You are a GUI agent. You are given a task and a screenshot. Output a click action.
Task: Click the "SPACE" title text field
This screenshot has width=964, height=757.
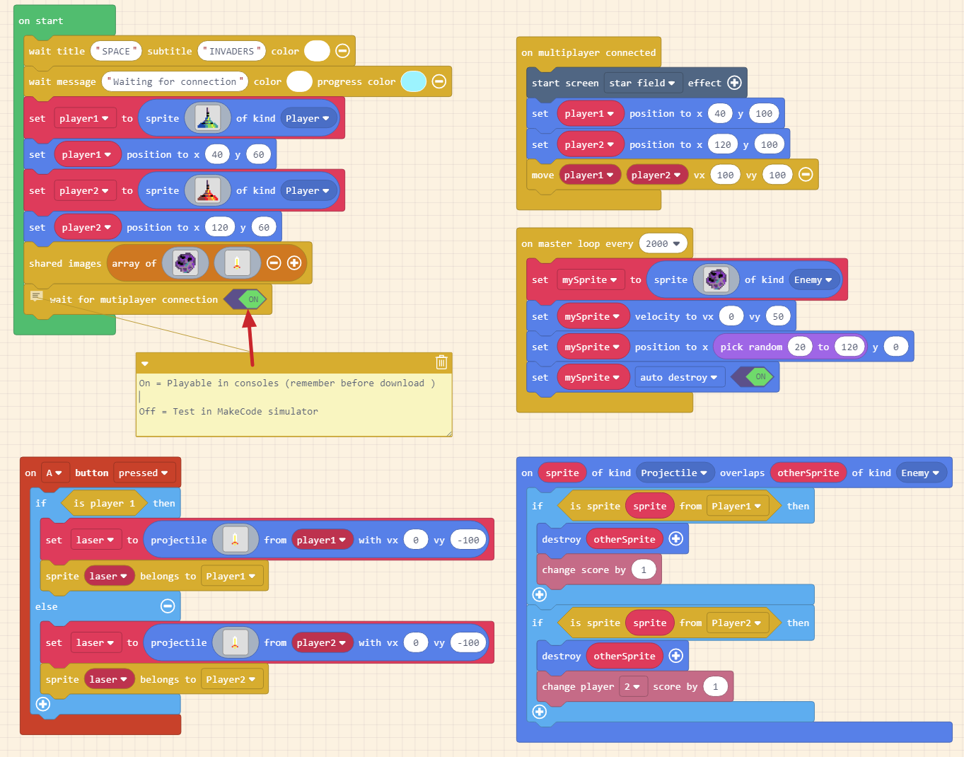click(116, 51)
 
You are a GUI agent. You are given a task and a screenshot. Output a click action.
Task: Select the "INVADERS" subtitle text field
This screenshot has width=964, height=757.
click(231, 51)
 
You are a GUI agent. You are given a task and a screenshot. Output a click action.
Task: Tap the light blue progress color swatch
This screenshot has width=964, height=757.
click(413, 81)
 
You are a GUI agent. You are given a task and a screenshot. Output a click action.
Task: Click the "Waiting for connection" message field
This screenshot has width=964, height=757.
click(175, 81)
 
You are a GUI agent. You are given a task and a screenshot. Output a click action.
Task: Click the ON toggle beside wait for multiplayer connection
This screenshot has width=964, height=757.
click(252, 299)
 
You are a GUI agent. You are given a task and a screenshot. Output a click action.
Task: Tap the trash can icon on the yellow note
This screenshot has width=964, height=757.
click(441, 362)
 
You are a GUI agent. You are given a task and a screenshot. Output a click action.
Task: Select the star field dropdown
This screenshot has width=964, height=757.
click(642, 83)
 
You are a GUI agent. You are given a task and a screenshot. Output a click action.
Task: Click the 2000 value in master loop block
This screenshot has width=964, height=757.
click(663, 243)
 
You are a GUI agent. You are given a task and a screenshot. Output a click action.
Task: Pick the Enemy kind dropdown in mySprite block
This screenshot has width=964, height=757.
click(813, 279)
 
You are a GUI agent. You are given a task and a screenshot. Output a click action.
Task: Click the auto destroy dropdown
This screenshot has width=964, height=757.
click(678, 377)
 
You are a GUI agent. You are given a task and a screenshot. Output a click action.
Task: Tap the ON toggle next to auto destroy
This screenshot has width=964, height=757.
click(759, 377)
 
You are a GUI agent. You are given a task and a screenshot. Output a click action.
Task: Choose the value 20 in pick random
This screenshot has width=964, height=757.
click(800, 347)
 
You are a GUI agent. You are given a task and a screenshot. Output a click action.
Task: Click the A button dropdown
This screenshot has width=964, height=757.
click(54, 473)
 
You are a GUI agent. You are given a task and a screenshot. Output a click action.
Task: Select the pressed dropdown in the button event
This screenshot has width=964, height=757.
click(144, 473)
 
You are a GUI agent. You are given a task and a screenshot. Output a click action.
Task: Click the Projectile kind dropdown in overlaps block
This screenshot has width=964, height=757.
click(673, 473)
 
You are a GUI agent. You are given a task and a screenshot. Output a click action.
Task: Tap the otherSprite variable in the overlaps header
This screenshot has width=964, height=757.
click(808, 473)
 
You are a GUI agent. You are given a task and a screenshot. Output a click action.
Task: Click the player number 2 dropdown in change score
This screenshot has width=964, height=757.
click(632, 686)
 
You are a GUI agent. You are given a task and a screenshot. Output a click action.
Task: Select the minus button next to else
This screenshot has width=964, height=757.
click(168, 606)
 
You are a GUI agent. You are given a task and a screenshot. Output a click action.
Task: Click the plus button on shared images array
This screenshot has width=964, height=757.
click(294, 263)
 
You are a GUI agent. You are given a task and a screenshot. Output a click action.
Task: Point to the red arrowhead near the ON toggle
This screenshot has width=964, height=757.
click(248, 319)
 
